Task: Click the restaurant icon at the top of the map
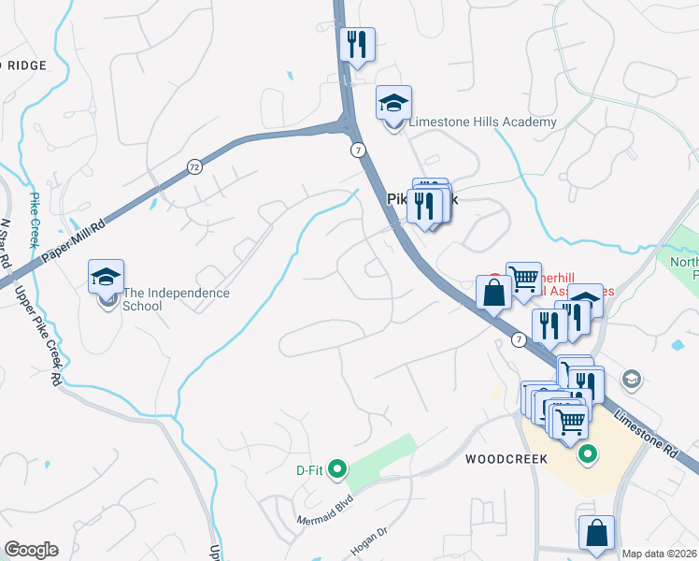(x=357, y=45)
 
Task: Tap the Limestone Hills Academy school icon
(x=393, y=102)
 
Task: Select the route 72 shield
(x=193, y=166)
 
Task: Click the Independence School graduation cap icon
(x=107, y=277)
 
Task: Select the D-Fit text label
(x=309, y=469)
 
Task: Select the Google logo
(x=31, y=550)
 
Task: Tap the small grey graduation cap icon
(x=632, y=378)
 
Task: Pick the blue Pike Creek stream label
(x=35, y=219)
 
